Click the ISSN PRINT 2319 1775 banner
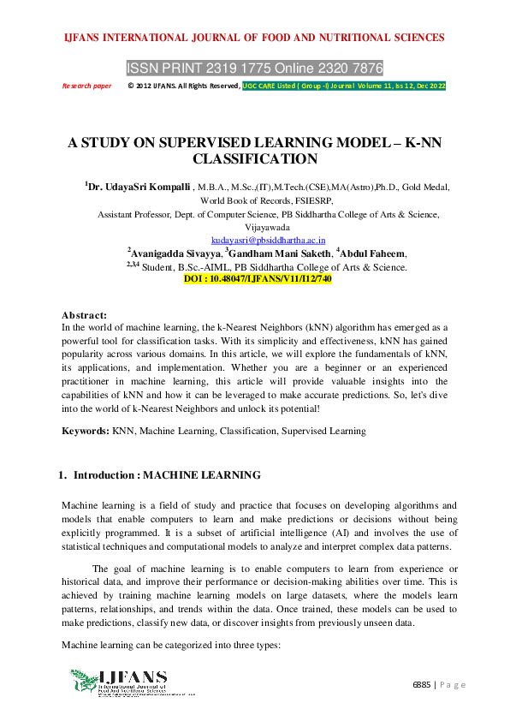(x=254, y=68)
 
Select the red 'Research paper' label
(x=87, y=86)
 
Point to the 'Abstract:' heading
(x=85, y=315)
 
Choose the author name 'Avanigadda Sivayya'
(x=174, y=253)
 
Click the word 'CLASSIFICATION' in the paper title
(x=255, y=158)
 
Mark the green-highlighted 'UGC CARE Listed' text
(x=343, y=86)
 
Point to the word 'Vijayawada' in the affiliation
(x=255, y=228)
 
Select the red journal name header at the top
(x=254, y=38)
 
